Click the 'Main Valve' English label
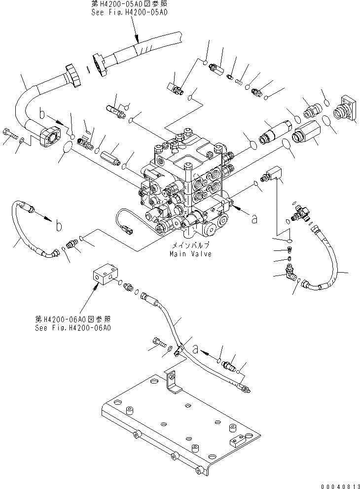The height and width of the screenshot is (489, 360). coord(190,254)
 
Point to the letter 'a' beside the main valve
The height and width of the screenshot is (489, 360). coord(254,219)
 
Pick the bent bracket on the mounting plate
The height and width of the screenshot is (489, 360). coord(172,382)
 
